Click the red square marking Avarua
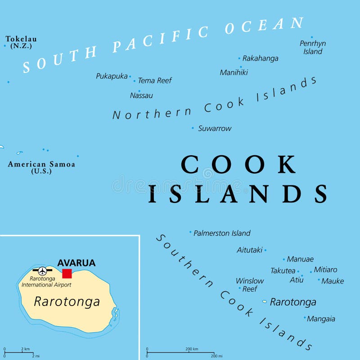point(67,274)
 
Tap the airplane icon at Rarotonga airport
point(42,271)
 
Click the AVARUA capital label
point(76,263)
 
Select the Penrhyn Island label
point(313,47)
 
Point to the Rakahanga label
point(260,58)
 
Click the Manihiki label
point(234,72)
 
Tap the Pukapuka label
point(112,76)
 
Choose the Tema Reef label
point(155,81)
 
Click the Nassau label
point(141,95)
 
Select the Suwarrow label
point(215,128)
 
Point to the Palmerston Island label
point(222,233)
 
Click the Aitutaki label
point(249,250)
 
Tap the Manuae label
point(300,259)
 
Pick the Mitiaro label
point(325,270)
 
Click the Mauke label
point(333,281)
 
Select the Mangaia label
point(321,319)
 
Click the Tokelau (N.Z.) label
point(21,42)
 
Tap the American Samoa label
point(41,167)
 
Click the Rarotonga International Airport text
point(46,282)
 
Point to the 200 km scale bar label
point(192,348)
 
